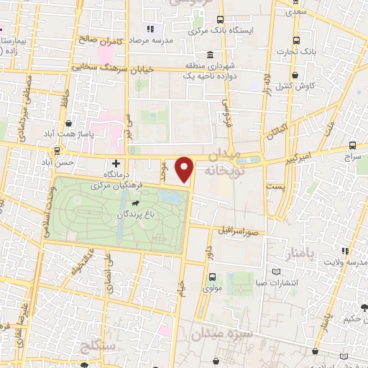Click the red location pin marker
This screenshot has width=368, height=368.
[x=185, y=170]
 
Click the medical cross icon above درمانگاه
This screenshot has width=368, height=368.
[x=116, y=164]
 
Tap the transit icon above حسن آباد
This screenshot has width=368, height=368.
[x=57, y=152]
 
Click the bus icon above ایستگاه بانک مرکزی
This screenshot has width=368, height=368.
[x=220, y=20]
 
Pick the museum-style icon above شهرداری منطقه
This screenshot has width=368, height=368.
[x=209, y=55]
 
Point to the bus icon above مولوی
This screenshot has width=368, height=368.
[x=211, y=277]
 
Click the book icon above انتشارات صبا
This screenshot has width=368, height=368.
[x=277, y=271]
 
